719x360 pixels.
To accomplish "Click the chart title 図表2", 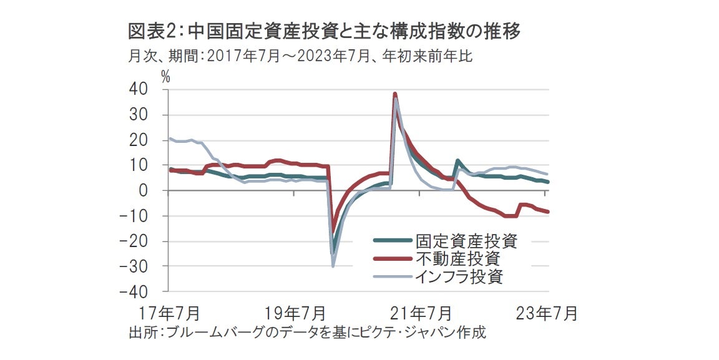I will tap(324, 31).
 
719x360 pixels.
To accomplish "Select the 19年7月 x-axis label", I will tap(293, 311).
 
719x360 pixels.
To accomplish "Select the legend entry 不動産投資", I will tap(458, 258).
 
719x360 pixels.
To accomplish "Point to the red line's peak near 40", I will tap(395, 94).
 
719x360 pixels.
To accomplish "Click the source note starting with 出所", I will tap(306, 332).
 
